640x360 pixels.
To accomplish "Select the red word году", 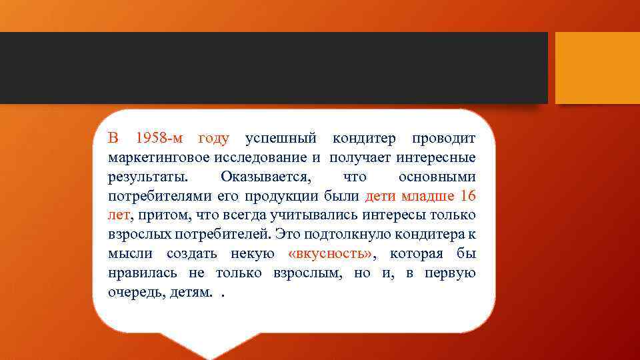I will click(x=214, y=139).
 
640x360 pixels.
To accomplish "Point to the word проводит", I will click(x=444, y=139).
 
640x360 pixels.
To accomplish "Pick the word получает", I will click(x=360, y=158).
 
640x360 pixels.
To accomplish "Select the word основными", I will click(x=437, y=177).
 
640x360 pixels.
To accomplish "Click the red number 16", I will click(x=468, y=197).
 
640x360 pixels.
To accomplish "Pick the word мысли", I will click(x=130, y=255).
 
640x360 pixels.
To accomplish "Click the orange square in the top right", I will click(x=597, y=68).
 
